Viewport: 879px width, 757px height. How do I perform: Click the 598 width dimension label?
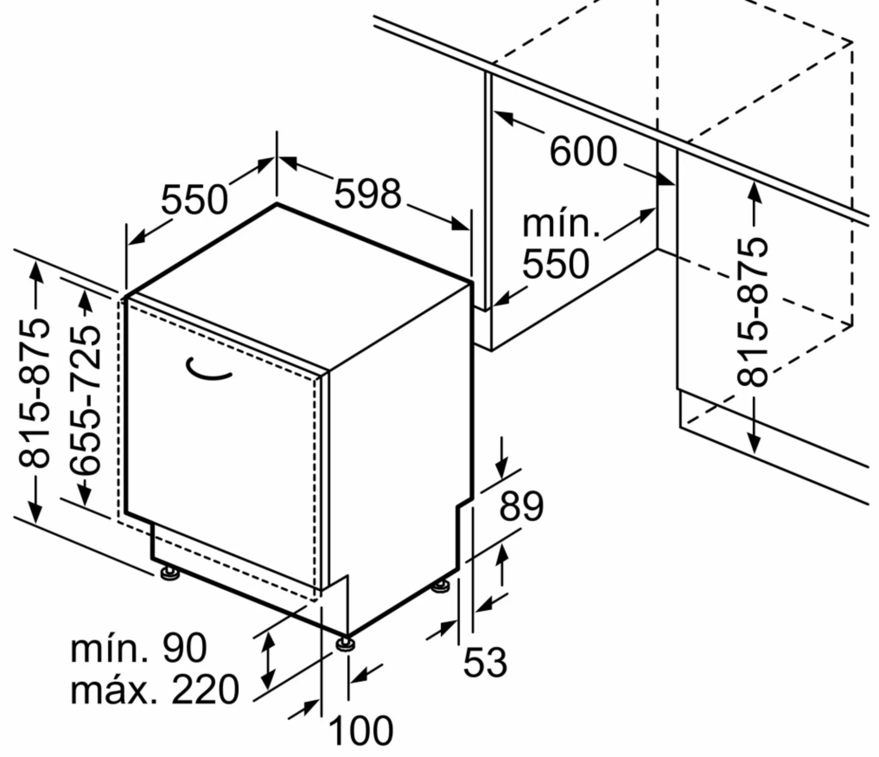(x=368, y=194)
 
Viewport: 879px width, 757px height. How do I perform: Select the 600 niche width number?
(x=583, y=151)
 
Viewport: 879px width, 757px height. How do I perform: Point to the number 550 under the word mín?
(x=556, y=264)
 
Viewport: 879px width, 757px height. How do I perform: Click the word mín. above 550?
(x=561, y=224)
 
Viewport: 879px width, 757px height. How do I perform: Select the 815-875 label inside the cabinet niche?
(x=752, y=312)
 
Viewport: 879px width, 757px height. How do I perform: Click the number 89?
(x=521, y=506)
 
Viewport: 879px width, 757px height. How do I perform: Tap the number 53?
(x=485, y=662)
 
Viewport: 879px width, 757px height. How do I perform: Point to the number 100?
(x=360, y=730)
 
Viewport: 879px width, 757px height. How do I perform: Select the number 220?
(x=205, y=690)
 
